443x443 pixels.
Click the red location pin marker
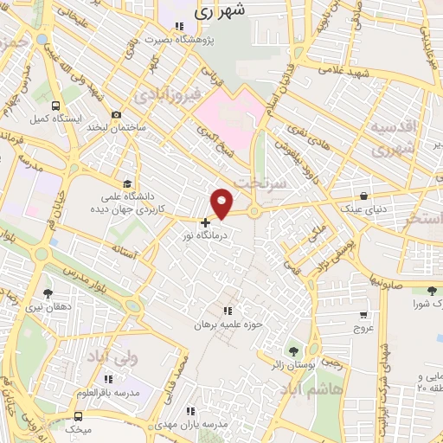[222, 202]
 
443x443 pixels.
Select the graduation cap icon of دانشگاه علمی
[128, 183]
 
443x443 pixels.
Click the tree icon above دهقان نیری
[48, 292]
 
